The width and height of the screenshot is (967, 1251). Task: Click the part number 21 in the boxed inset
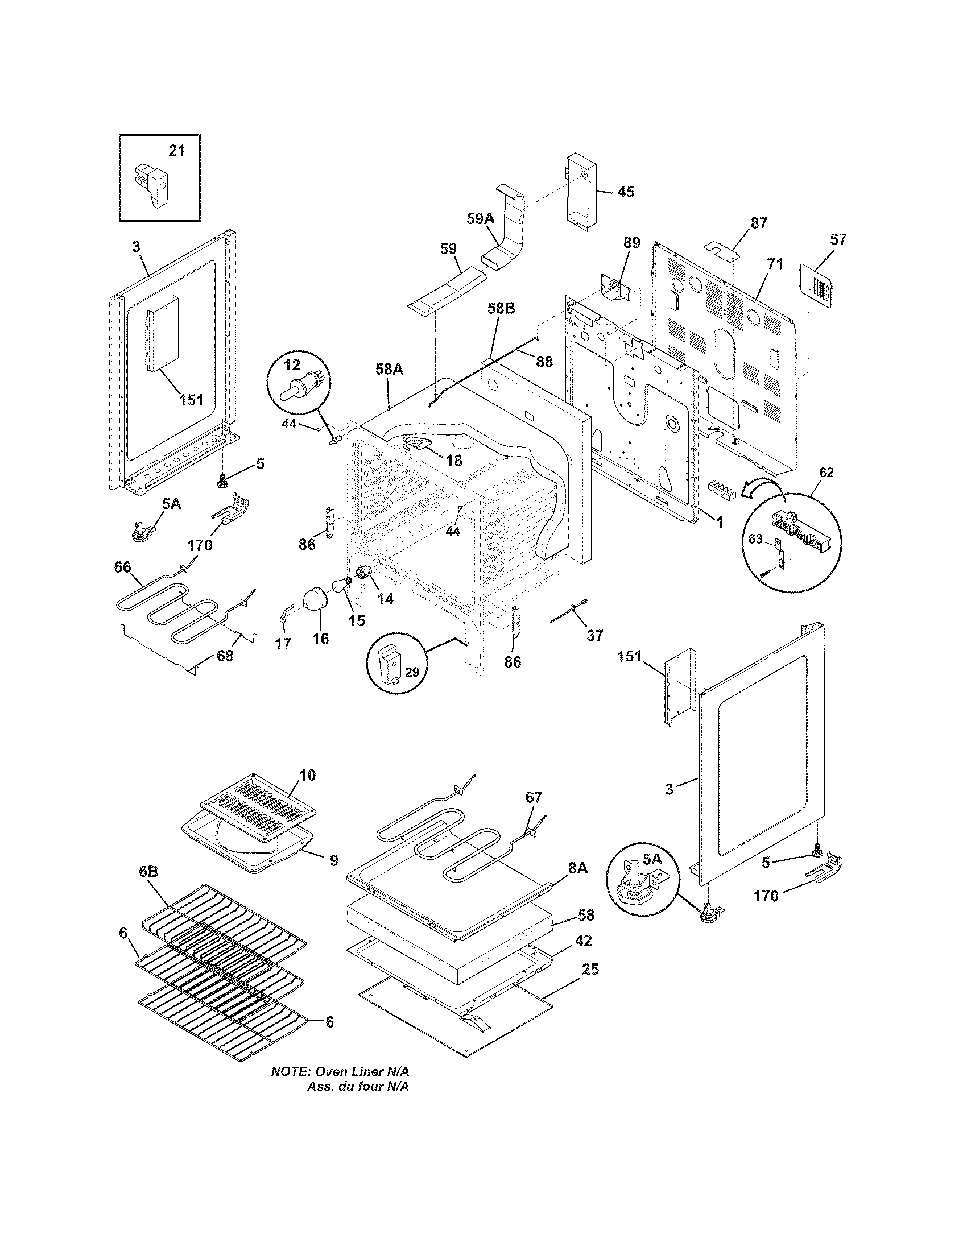pos(176,151)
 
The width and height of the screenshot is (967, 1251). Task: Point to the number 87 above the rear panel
pos(758,223)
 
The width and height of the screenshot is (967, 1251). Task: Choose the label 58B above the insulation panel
pos(502,309)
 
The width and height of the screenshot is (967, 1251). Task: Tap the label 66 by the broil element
pos(123,566)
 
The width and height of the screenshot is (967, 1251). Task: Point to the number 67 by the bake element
pos(534,797)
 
